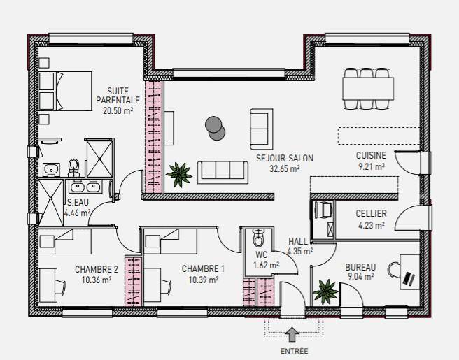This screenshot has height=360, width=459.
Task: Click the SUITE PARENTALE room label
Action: (x=118, y=96)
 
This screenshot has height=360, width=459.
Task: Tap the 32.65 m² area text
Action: (x=285, y=168)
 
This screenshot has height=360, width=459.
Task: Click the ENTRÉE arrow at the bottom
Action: (x=292, y=335)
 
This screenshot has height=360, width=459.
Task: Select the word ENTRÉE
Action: (x=294, y=351)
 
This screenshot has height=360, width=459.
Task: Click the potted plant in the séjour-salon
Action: (x=179, y=175)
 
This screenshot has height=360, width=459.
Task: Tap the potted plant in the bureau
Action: (x=325, y=291)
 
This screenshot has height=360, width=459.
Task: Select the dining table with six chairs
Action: (x=367, y=89)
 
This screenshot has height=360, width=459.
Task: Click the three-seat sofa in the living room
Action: (x=223, y=173)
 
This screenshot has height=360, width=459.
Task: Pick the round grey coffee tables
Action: (x=216, y=129)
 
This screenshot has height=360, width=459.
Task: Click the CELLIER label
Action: (x=371, y=213)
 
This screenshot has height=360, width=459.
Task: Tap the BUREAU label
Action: (x=360, y=267)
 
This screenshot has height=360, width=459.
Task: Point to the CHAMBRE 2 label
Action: (x=97, y=269)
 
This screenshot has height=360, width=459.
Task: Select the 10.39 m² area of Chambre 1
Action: (x=203, y=280)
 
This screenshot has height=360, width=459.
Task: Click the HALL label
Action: (x=298, y=242)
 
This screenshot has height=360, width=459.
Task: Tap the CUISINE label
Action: (x=371, y=155)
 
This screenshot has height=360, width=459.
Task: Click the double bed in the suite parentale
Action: (x=65, y=91)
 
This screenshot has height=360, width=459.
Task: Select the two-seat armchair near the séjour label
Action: (x=262, y=129)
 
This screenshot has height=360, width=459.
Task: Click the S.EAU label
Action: (x=78, y=203)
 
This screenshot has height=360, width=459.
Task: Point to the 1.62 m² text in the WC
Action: (x=266, y=265)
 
